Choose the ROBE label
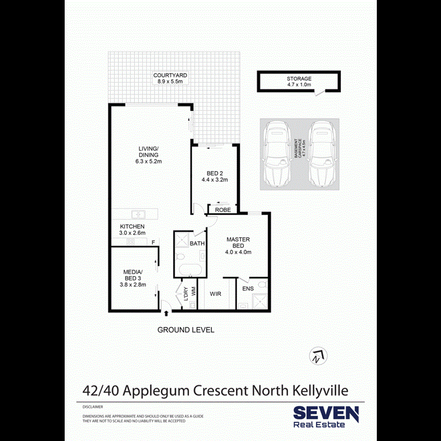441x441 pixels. [x=223, y=210]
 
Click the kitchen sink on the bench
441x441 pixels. [x=138, y=214]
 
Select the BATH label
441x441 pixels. [x=197, y=243]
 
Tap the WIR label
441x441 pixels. [x=217, y=294]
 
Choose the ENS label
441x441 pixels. [x=248, y=289]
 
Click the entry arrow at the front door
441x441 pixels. [x=167, y=313]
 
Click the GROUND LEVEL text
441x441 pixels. [x=186, y=330]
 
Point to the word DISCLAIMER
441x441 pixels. [x=93, y=407]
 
